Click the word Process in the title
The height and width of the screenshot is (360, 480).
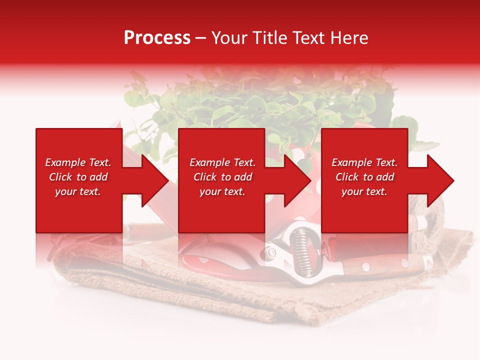[x=157, y=38]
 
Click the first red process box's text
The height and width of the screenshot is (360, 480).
[x=78, y=177]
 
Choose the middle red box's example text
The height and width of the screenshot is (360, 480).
[x=222, y=177]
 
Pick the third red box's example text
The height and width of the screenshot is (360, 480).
[x=364, y=177]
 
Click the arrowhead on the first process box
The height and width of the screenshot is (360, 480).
[x=155, y=180]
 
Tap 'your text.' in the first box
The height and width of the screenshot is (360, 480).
[x=78, y=191]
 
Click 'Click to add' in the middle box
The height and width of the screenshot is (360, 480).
[x=222, y=177]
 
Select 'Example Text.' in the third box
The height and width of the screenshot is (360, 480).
[x=364, y=162]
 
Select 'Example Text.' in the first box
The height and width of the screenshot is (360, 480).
[x=78, y=162]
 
